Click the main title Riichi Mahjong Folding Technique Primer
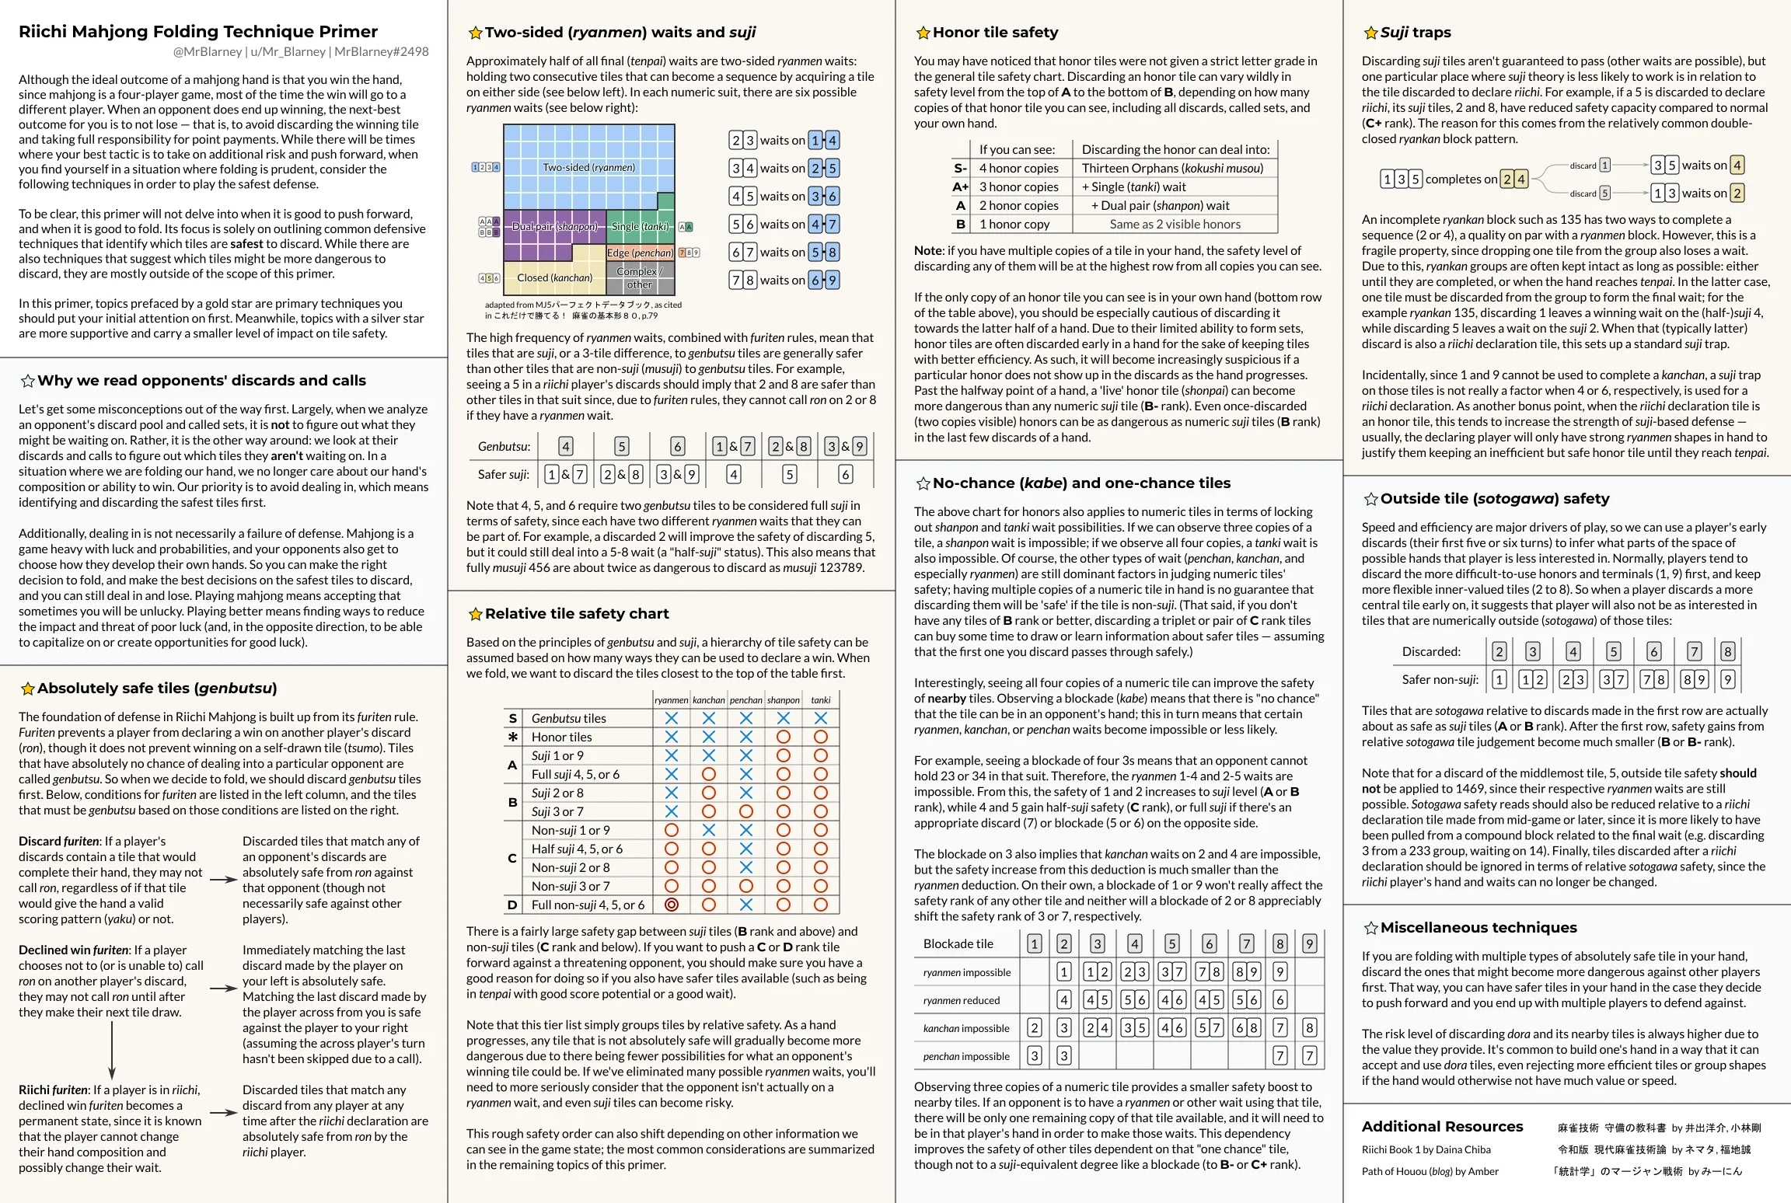tap(198, 32)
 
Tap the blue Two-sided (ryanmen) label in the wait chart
tap(588, 167)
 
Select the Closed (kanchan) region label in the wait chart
tap(554, 277)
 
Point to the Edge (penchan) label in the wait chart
tap(641, 253)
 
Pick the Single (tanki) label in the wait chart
tap(640, 226)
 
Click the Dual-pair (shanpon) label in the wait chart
tap(554, 226)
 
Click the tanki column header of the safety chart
tap(821, 700)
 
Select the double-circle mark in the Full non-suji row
tap(672, 905)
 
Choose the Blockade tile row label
tap(958, 943)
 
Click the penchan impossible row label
tap(966, 1056)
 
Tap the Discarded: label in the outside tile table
tap(1431, 651)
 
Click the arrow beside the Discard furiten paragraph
tap(223, 880)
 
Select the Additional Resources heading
tap(1442, 1126)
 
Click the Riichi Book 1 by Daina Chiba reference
tap(1426, 1149)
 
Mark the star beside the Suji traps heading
tap(1370, 33)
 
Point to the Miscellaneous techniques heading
tap(1479, 927)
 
